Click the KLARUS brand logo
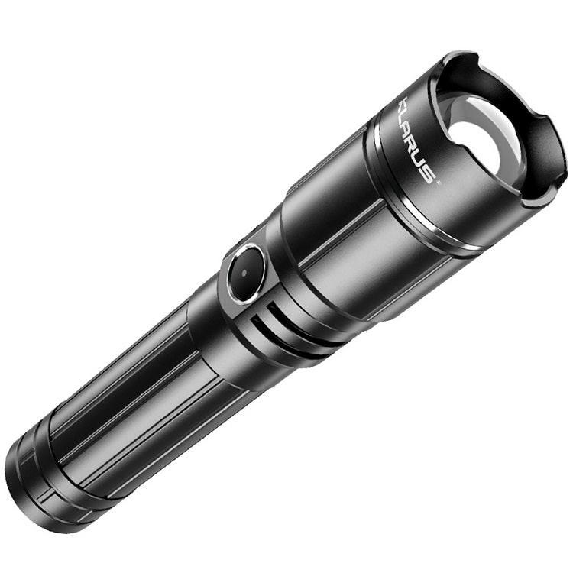[416, 141]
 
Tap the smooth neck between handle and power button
[206, 321]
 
